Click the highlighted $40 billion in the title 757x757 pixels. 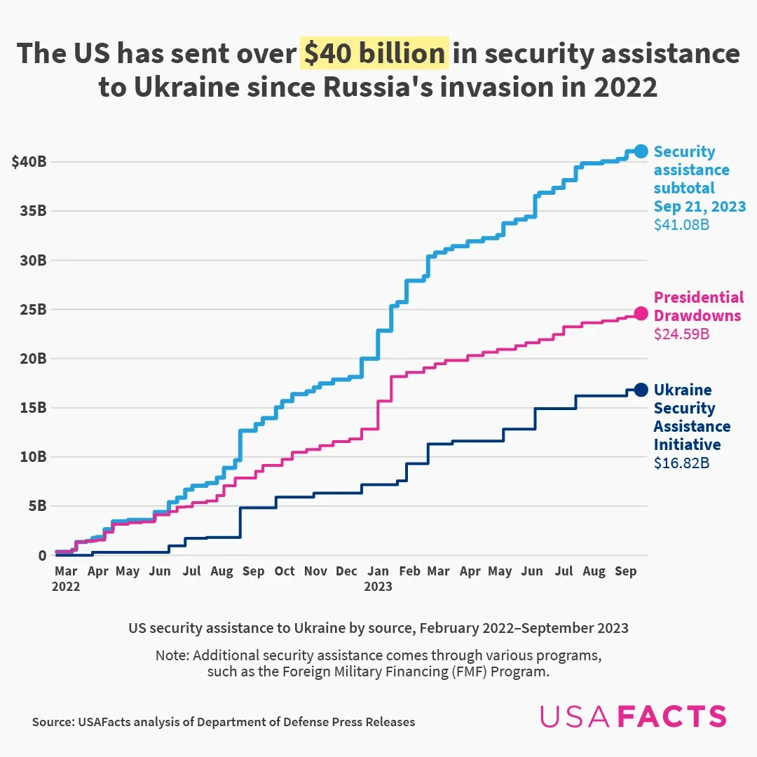374,54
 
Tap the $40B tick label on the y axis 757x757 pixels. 29,162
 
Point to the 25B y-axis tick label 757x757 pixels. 32,309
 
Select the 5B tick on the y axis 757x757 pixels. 36,505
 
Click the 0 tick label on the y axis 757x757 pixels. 42,555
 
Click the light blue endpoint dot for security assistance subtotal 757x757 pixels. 641,151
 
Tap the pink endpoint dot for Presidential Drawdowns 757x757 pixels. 641,313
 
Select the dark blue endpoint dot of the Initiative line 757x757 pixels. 641,390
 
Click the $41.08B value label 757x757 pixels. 681,225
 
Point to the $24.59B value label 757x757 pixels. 681,334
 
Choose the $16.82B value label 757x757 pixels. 681,463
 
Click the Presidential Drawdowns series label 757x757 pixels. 698,306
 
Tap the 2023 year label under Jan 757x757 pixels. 378,587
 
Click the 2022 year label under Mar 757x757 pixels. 66,587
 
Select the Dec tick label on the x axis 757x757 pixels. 346,571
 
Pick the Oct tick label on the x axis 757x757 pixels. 285,571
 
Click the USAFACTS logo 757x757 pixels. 633,716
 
